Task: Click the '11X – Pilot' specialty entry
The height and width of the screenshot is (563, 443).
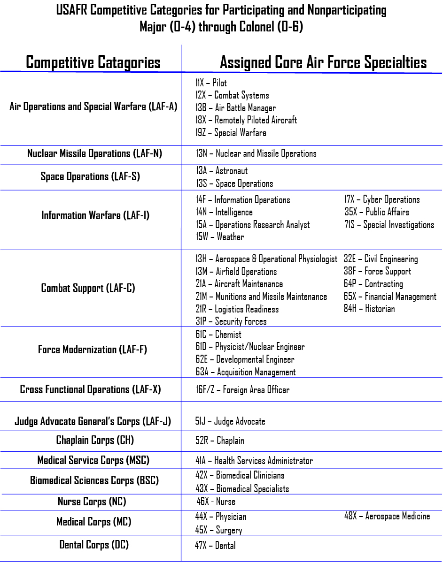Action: coord(211,83)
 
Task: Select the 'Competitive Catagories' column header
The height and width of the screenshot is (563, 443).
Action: coord(93,62)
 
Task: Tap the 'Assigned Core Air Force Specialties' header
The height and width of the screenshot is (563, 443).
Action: coord(323,62)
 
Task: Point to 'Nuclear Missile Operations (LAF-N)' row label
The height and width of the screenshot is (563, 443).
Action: coord(94,153)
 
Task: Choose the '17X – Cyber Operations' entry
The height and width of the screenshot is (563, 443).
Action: coord(382,199)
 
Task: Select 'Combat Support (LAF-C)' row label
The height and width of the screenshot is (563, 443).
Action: coord(88,288)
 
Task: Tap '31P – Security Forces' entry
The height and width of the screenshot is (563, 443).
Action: coord(231,321)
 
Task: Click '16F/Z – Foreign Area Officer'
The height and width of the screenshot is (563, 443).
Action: coord(242,390)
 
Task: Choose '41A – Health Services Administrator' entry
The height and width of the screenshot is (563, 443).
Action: coord(254,461)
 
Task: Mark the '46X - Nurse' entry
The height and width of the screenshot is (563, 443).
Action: coord(216,502)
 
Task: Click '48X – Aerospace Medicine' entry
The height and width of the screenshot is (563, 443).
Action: coord(387,516)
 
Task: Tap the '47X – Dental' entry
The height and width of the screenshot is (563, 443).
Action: coord(216,546)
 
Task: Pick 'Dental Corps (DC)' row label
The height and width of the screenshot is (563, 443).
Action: coord(94,545)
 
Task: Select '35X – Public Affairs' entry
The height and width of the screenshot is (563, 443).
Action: coord(377,212)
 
